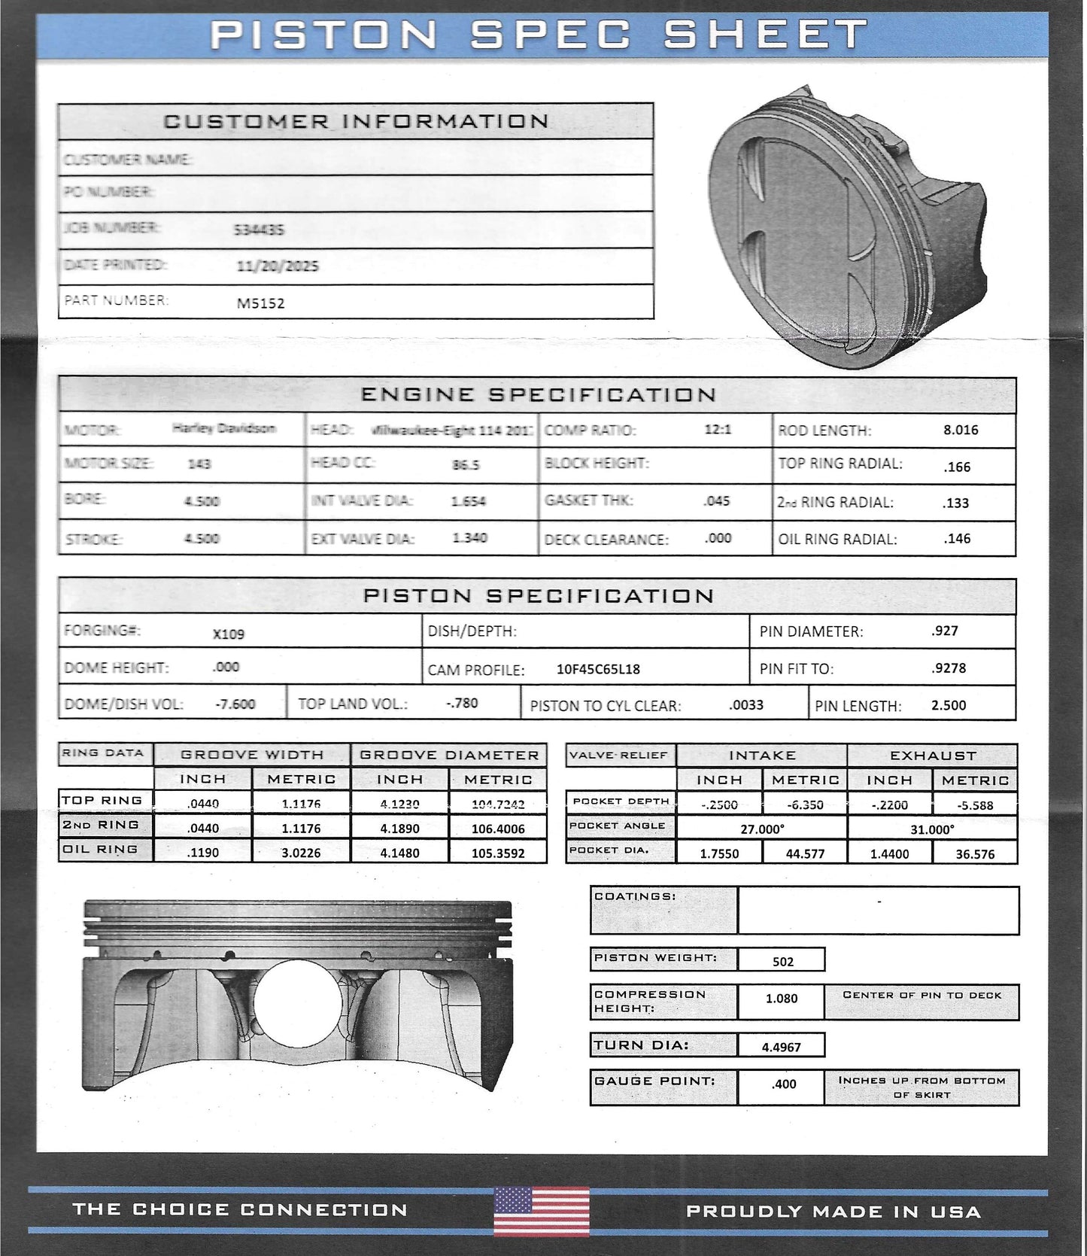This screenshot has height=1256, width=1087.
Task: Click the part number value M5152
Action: [x=260, y=303]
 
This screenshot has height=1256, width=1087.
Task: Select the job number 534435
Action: [x=259, y=230]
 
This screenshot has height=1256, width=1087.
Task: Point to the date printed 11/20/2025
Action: [x=278, y=266]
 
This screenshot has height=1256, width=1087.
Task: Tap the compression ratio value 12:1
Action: [x=718, y=430]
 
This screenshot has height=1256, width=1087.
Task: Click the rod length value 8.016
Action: [x=961, y=430]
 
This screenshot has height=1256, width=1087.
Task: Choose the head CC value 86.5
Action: [x=466, y=464]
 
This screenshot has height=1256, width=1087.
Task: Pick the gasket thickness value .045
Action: [x=717, y=500]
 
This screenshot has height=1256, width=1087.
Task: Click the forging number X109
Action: [x=229, y=634]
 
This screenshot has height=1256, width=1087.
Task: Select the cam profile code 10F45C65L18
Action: [x=598, y=669]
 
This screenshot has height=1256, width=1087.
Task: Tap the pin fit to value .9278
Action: [x=948, y=668]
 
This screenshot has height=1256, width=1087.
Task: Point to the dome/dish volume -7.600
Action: [x=235, y=704]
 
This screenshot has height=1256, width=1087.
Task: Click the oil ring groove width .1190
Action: [x=203, y=853]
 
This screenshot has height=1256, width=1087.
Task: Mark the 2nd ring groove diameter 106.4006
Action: [x=497, y=829]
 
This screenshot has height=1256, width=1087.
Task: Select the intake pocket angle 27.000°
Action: [x=761, y=829]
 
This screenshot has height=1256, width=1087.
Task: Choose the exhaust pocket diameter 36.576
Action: [x=975, y=853]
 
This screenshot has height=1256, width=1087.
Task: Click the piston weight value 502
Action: [x=782, y=961]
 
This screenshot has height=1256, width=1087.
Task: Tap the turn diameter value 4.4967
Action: [x=782, y=1046]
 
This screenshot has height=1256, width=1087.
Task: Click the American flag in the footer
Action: [x=542, y=1212]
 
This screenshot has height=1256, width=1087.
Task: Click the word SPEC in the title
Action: [x=551, y=35]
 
